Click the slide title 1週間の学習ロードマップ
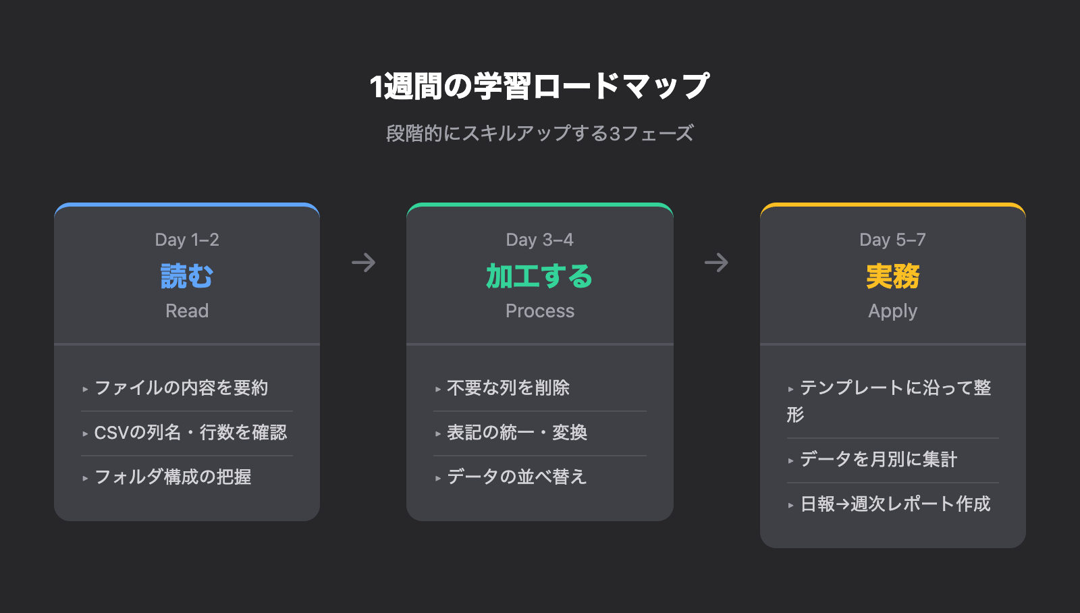(x=539, y=86)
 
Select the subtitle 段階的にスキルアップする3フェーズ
(x=539, y=133)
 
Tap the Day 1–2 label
(x=187, y=240)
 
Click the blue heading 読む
(x=187, y=276)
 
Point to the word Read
(x=187, y=311)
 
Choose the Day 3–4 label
(x=539, y=240)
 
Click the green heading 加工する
(x=539, y=276)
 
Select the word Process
(x=540, y=311)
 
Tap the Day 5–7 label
(x=892, y=240)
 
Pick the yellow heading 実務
(x=893, y=276)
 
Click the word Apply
(x=893, y=312)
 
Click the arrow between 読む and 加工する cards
(x=364, y=263)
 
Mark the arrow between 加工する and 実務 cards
(x=716, y=263)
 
